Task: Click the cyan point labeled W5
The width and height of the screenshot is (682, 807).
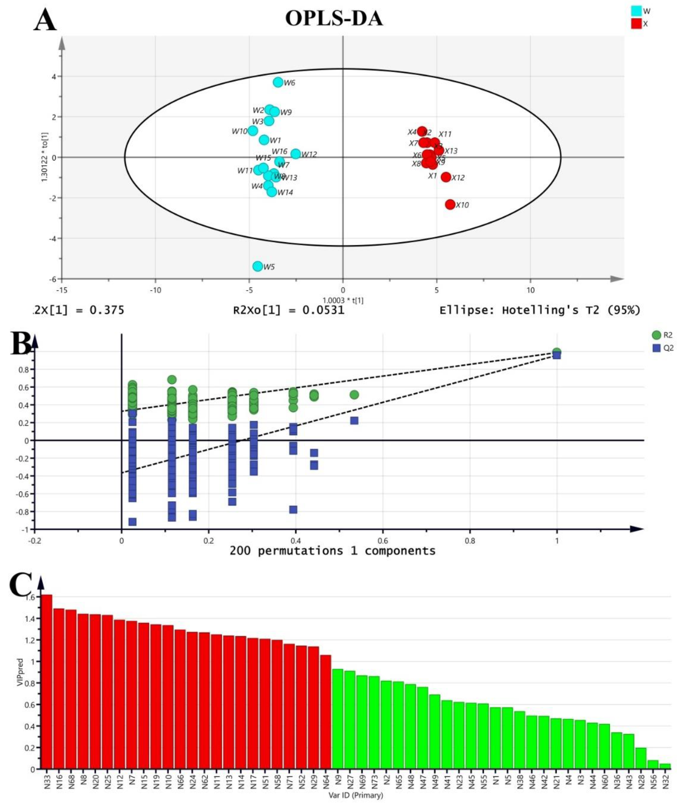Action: pos(257,266)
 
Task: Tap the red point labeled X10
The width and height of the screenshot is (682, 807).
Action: pos(450,205)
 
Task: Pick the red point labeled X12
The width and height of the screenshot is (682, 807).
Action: pos(446,177)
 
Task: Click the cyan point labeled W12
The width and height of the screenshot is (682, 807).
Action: pos(295,154)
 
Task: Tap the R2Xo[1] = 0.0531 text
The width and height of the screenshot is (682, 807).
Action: pos(288,310)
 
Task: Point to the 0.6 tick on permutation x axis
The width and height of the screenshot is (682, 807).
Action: pos(383,540)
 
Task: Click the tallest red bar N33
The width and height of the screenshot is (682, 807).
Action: pos(47,681)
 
